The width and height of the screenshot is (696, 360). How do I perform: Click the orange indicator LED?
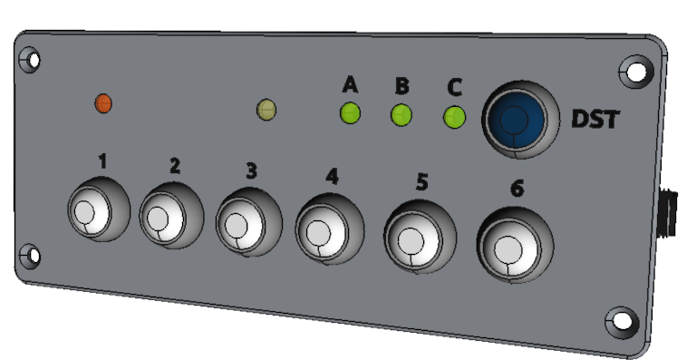(103, 102)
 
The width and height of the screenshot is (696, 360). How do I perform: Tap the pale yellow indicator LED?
(266, 110)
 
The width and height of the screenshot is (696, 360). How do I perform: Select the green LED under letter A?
(350, 113)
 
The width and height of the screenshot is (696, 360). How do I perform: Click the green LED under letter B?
(401, 115)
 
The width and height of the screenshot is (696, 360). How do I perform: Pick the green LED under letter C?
(454, 117)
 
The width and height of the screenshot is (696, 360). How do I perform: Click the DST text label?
(595, 119)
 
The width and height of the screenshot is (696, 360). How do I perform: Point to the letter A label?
(350, 86)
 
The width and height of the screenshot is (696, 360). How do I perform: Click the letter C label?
(455, 88)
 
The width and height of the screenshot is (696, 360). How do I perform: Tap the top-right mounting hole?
(637, 70)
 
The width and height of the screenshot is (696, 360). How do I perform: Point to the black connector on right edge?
(671, 212)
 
